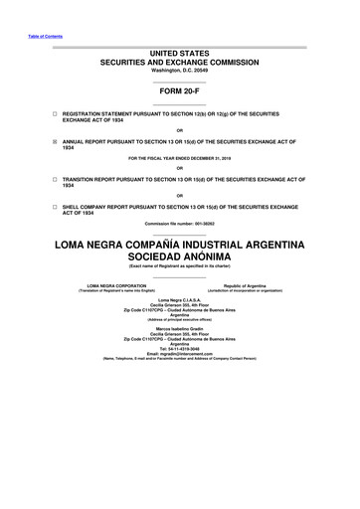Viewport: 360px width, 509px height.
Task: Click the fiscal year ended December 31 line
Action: (180, 159)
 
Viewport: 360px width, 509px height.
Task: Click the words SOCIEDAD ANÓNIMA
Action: (180, 257)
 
